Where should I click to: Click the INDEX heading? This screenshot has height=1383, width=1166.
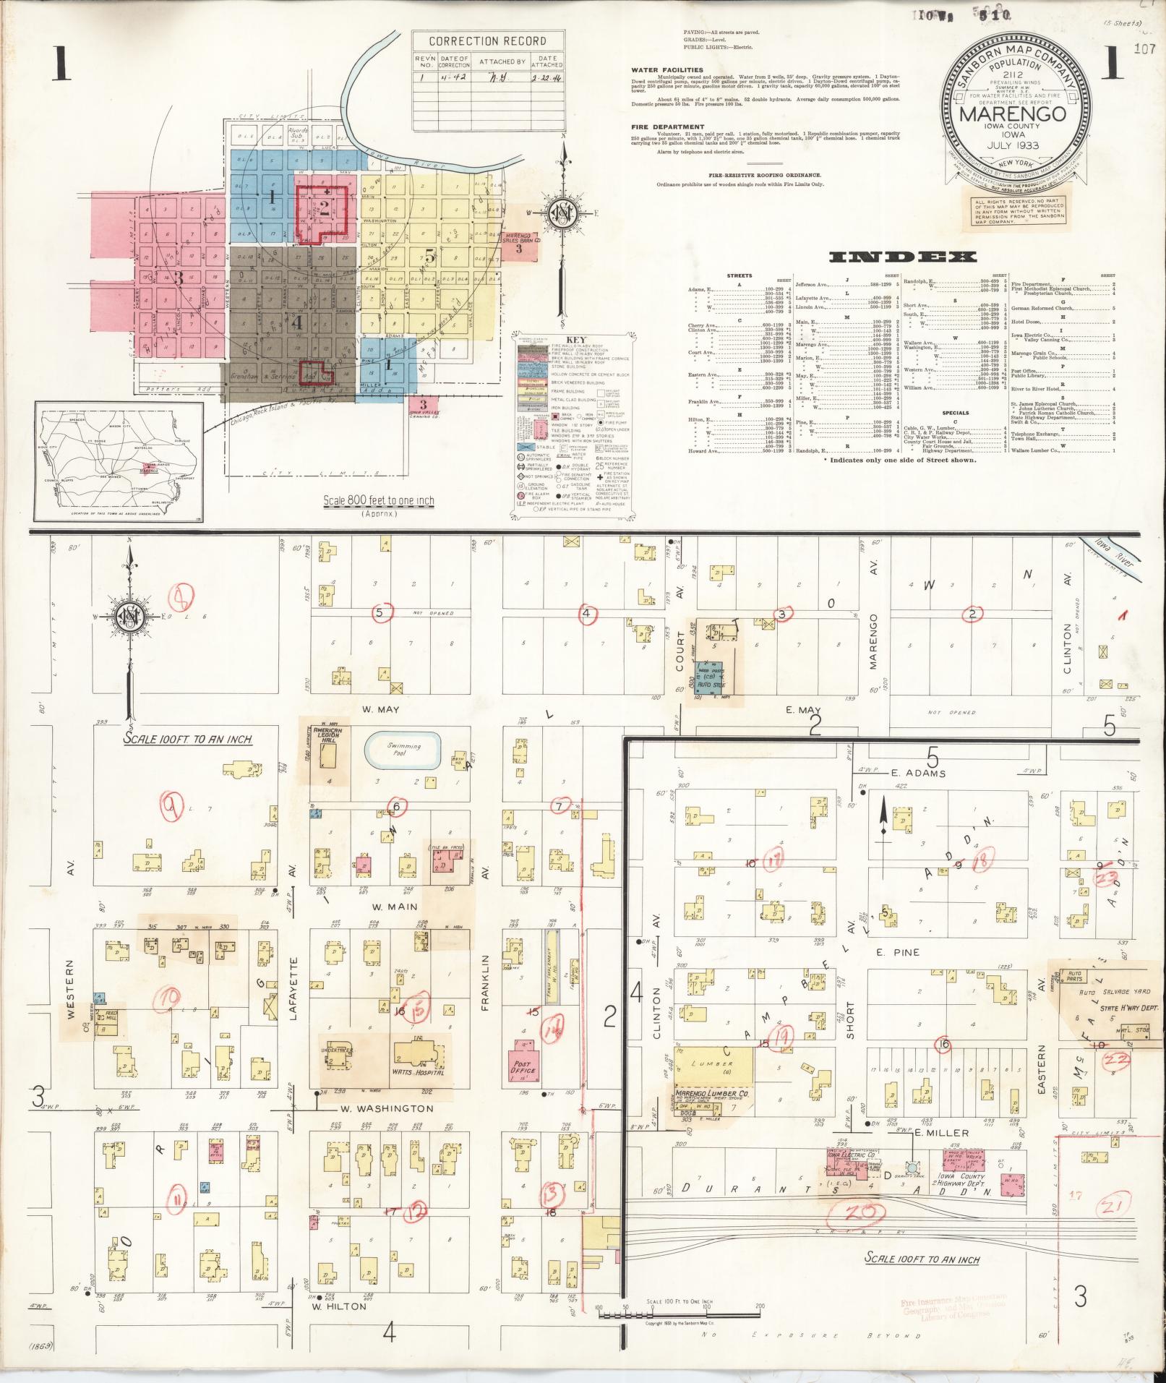[x=904, y=257]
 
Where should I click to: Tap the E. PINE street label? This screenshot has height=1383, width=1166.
[x=906, y=952]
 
